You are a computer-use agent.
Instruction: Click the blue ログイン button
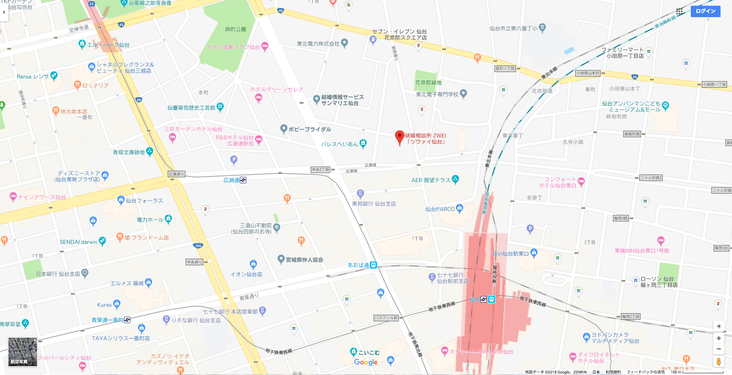[x=705, y=11]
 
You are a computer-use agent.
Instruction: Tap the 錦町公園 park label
[x=235, y=29]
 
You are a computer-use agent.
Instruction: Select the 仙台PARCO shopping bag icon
[x=459, y=208]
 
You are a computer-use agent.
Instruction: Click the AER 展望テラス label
[x=431, y=180]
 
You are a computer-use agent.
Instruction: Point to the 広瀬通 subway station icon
[x=243, y=180]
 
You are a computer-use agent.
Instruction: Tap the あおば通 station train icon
[x=373, y=265]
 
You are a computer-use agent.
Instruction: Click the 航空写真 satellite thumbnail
[x=23, y=351]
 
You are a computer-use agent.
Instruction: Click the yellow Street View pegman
[x=718, y=361]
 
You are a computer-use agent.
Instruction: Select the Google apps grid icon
[x=679, y=11]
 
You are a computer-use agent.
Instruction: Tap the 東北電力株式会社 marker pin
[x=344, y=43]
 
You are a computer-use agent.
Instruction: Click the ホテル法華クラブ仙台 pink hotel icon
[x=265, y=46]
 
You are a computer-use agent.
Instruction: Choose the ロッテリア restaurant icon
[x=77, y=85]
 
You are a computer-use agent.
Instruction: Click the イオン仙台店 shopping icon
[x=253, y=264]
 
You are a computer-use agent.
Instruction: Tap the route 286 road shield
[x=198, y=246]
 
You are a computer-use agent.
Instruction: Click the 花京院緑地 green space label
[x=428, y=83]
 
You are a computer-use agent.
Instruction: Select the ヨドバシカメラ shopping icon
[x=586, y=337]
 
